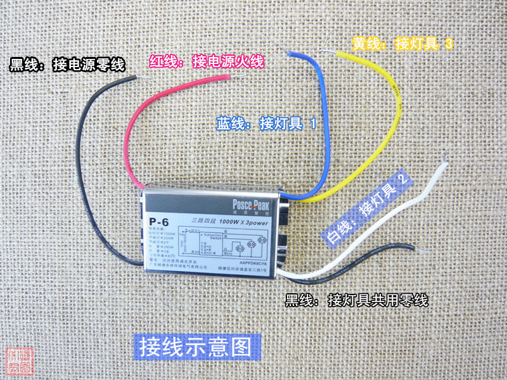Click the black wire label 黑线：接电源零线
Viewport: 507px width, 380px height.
tap(67, 65)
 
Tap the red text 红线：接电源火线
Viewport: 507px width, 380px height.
tap(206, 62)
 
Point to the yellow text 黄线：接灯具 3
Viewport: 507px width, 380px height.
tap(402, 44)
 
